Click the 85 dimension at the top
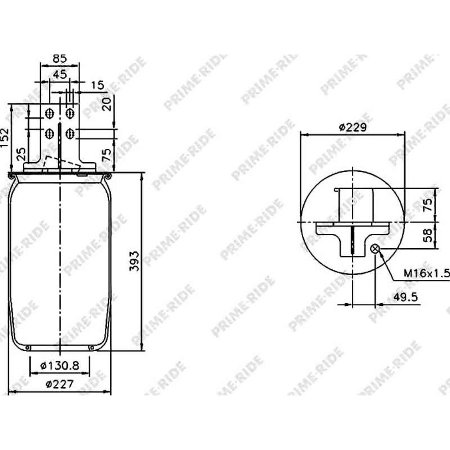(60, 58)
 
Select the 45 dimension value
(60, 74)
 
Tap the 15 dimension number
(97, 85)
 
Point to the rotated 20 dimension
(106, 104)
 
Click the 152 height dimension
(5, 138)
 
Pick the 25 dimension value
(21, 154)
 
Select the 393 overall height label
(134, 261)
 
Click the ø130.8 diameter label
(60, 366)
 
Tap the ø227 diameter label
(60, 384)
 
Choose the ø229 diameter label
(353, 127)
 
